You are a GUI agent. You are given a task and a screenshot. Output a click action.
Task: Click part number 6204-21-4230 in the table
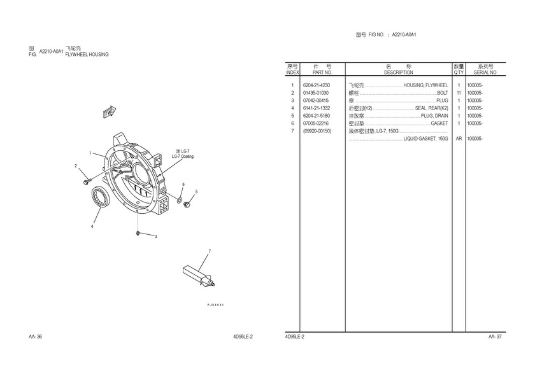click(x=317, y=85)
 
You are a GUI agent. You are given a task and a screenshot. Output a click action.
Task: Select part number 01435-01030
click(x=316, y=93)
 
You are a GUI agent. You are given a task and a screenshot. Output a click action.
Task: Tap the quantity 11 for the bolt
click(x=459, y=93)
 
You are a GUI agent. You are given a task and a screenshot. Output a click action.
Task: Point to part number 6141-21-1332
click(x=317, y=108)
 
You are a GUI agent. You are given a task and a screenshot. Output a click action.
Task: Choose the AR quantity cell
click(x=459, y=139)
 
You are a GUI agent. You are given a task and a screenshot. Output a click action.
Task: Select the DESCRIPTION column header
click(x=398, y=73)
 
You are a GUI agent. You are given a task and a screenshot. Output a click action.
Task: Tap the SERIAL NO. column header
click(x=485, y=73)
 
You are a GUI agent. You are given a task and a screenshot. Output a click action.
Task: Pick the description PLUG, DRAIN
click(x=434, y=116)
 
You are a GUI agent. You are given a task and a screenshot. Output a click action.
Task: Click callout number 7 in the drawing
click(x=208, y=252)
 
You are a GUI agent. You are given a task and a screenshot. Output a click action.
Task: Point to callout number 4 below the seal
click(x=92, y=226)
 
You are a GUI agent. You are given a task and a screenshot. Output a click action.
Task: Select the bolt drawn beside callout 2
click(x=86, y=183)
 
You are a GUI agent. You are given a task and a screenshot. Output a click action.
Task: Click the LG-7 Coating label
click(x=183, y=156)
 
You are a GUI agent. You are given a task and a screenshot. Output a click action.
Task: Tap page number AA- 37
click(x=495, y=336)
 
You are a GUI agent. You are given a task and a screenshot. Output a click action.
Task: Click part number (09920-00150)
click(x=317, y=131)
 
